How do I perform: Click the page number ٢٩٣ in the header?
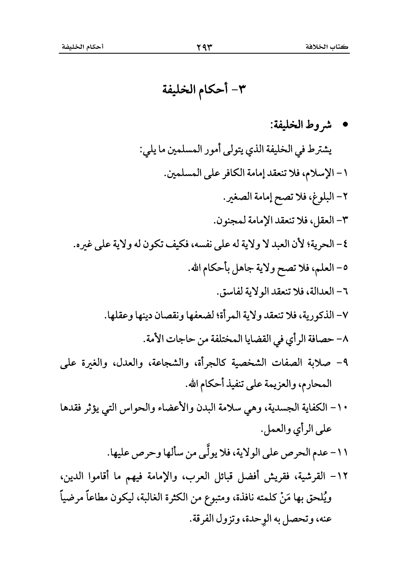coord(204,47)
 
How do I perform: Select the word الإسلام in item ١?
coord(317,174)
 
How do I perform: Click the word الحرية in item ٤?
coord(321,245)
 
